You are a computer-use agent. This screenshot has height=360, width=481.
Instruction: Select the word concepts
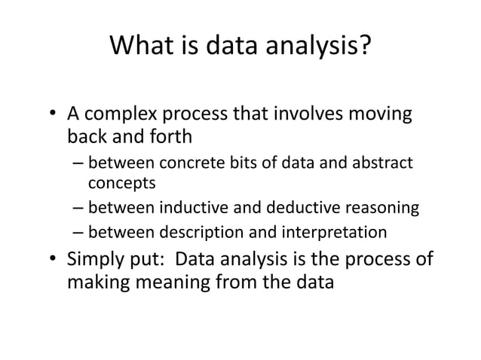tap(118, 182)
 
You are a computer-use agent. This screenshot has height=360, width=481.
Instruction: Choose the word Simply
tap(97, 260)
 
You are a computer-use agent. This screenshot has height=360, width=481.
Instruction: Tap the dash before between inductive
tap(79, 207)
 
